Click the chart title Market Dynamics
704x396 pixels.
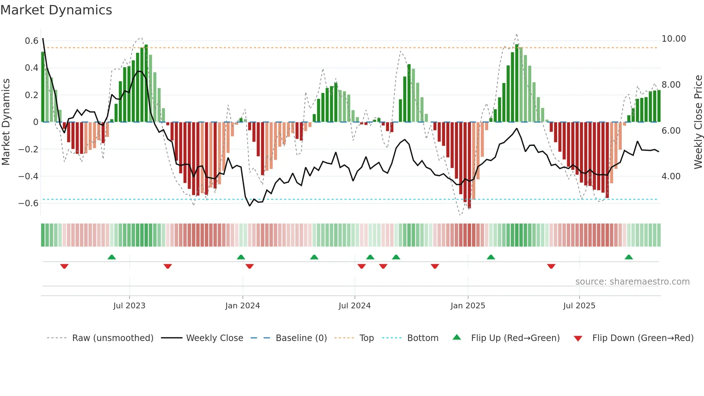click(56, 10)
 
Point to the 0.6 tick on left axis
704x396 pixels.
click(31, 41)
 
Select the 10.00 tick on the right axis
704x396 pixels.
click(673, 39)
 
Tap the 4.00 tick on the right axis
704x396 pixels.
click(671, 176)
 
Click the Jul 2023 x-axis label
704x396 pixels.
click(129, 306)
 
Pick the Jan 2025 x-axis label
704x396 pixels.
click(468, 306)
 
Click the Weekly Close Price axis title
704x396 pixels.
click(698, 122)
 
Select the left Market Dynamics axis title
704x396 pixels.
click(6, 122)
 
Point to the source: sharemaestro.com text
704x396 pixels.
click(632, 282)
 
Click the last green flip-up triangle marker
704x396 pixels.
click(629, 257)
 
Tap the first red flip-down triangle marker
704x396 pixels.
click(64, 266)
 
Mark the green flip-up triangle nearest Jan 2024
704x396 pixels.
click(241, 257)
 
